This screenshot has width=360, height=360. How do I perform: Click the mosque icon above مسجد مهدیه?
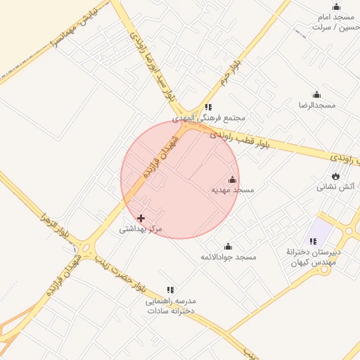click(233, 180)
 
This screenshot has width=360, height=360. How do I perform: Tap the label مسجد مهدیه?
click(233, 191)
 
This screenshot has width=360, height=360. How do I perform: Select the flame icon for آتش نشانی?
click(336, 176)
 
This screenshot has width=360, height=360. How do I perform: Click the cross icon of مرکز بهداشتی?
click(141, 219)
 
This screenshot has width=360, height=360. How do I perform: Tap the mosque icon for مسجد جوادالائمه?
click(228, 247)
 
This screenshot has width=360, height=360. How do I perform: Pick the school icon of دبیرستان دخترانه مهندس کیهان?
click(313, 241)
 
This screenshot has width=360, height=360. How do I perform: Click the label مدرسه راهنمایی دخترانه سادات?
click(170, 305)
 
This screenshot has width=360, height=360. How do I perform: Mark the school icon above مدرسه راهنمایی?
click(170, 290)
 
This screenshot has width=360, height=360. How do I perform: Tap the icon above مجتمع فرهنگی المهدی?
click(208, 107)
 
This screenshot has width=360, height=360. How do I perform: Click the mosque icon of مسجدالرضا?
click(316, 95)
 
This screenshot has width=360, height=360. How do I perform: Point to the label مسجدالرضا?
click(316, 105)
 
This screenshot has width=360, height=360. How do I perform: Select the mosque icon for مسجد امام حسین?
click(336, 7)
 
